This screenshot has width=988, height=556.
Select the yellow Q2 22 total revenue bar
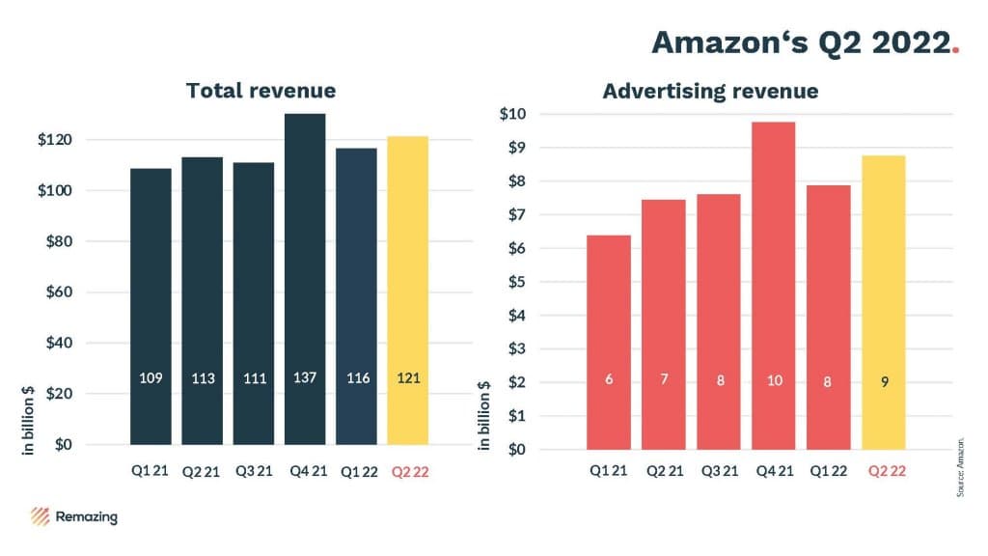407,290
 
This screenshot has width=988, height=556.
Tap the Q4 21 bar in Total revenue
304,280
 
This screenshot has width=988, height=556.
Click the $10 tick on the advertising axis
513,114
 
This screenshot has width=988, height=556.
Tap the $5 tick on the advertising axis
513,282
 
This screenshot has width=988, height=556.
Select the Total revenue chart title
261,91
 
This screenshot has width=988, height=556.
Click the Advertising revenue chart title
710,92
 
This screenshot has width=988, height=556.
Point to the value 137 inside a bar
304,377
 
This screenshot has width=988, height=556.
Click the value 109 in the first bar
150,378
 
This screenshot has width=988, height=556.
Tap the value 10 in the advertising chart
773,380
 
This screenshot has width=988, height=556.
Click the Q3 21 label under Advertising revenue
719,472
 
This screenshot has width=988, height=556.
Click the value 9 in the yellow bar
884,380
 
